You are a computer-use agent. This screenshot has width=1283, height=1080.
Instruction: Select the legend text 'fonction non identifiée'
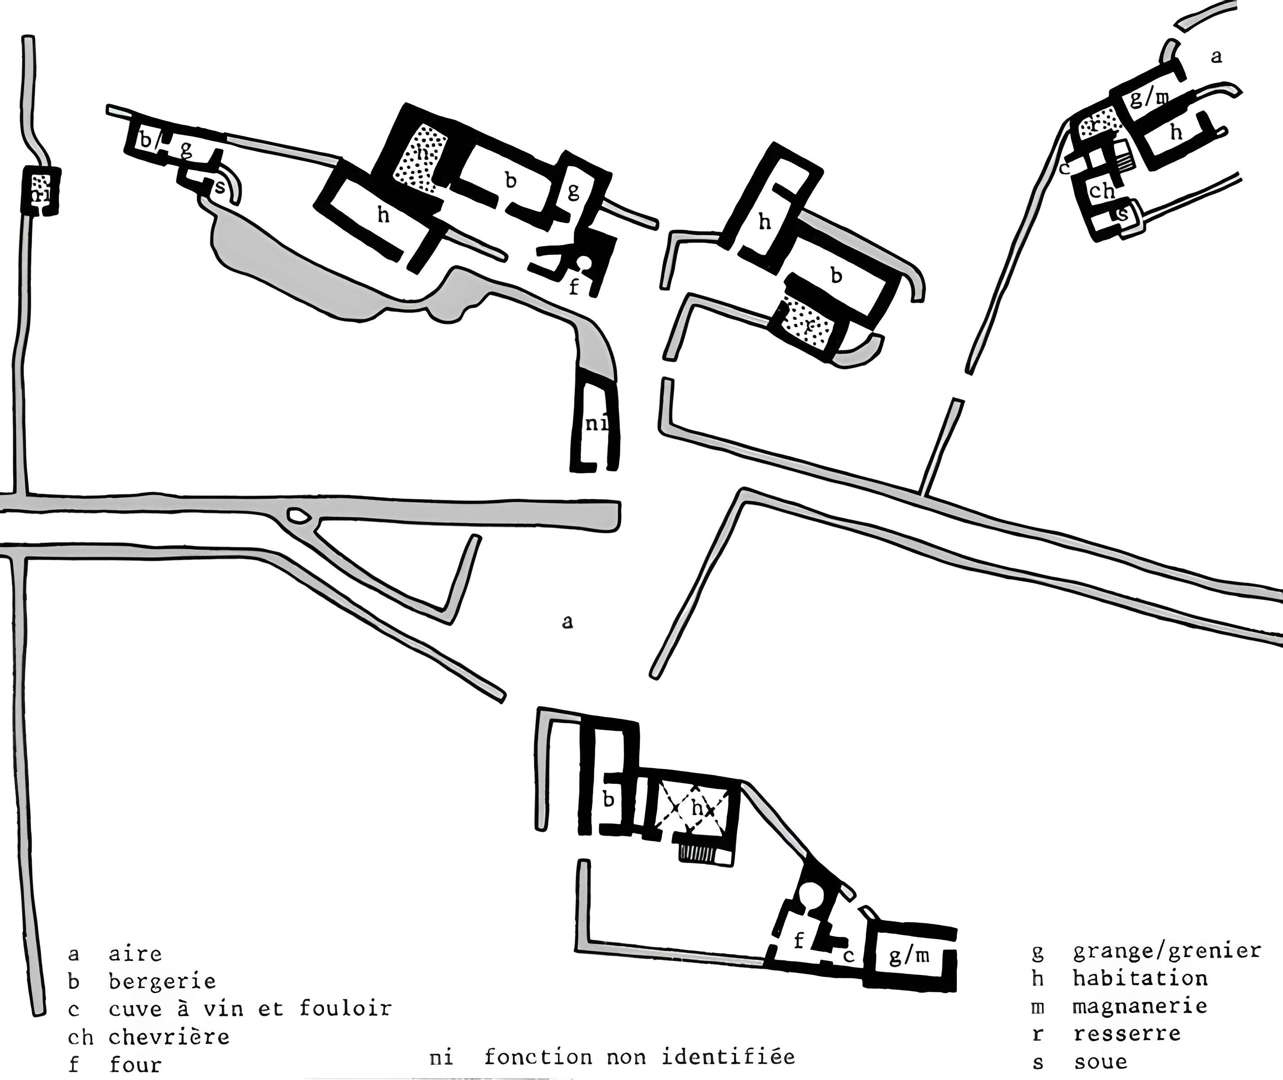point(640,1057)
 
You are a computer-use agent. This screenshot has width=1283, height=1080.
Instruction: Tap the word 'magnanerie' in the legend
point(1140,1006)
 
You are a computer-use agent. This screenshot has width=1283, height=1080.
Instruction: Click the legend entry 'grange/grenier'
point(1166,950)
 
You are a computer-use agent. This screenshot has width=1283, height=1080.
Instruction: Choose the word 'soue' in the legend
point(1100,1062)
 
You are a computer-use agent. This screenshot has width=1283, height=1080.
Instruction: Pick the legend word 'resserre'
point(1127,1034)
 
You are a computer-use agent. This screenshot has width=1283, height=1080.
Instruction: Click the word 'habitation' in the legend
point(1140,978)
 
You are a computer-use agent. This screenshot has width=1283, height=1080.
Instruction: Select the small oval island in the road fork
point(299,517)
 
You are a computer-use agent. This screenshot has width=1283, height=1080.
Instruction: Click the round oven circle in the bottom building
point(810,895)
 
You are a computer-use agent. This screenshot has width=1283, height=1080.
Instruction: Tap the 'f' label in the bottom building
point(798,941)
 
